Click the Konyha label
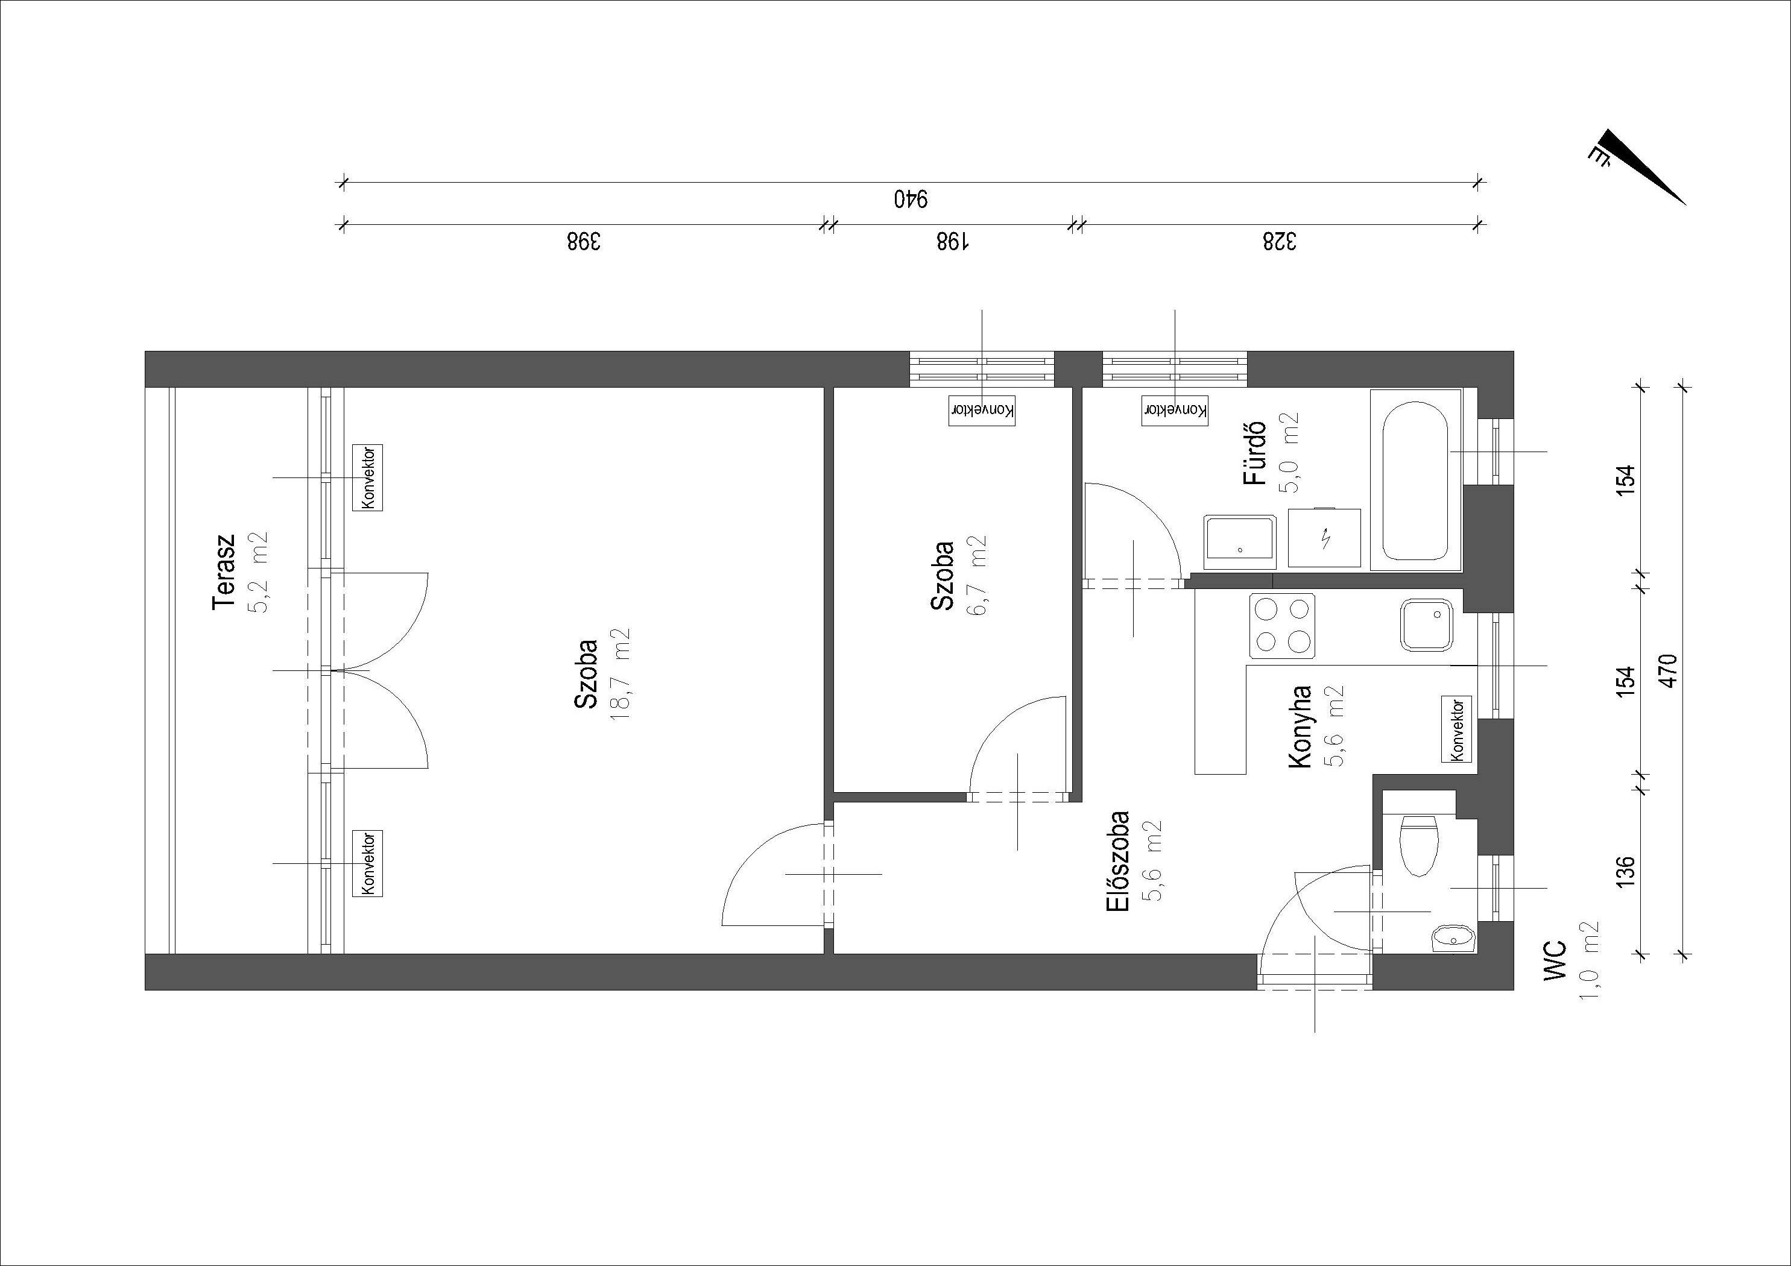1300,726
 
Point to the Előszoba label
1118,861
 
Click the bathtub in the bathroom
1415,479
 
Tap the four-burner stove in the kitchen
1283,624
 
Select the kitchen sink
1427,624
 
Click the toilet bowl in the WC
1419,846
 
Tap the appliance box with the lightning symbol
1324,537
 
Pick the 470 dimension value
1670,671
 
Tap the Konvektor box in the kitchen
1456,729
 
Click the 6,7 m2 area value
978,576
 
